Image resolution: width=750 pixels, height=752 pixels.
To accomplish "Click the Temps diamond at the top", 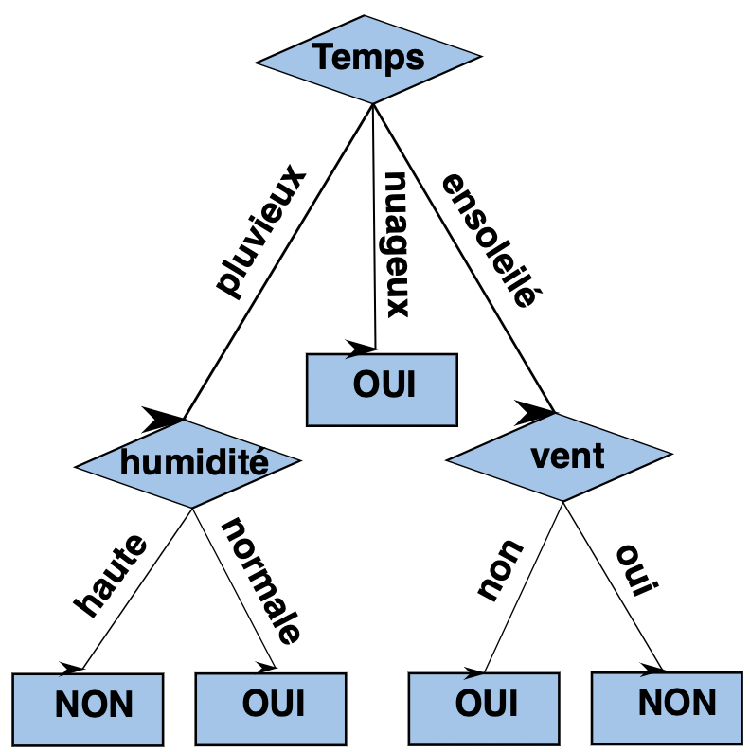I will (368, 59).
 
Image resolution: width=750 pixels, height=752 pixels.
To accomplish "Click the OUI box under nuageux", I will (383, 388).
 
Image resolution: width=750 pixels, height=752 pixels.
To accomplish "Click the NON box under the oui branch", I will (667, 704).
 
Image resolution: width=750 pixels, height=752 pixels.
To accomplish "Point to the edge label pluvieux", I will (261, 233).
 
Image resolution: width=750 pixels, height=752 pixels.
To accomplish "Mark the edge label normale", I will (260, 580).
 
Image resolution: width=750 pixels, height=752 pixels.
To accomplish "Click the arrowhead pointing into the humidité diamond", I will (164, 416).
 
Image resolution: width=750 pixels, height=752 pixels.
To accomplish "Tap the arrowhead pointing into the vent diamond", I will (537, 411).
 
